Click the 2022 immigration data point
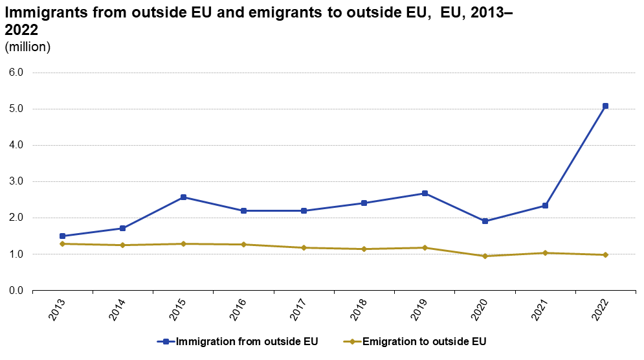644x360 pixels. [x=605, y=106]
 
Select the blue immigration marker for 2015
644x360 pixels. [x=183, y=197]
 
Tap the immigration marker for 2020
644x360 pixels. [x=485, y=221]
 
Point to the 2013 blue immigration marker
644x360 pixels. [x=63, y=236]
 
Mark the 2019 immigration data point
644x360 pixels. [x=425, y=194]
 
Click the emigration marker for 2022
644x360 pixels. [x=605, y=255]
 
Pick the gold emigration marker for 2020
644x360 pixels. [x=485, y=256]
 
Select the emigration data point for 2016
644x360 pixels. [x=243, y=245]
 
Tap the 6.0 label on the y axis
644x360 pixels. [x=16, y=73]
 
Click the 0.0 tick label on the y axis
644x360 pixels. [x=16, y=291]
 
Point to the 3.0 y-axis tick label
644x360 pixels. [x=16, y=182]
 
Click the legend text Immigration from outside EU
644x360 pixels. [x=247, y=341]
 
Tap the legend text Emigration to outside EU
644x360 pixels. [x=424, y=341]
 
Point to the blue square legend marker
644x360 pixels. [x=166, y=341]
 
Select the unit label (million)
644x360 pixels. [x=27, y=47]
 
